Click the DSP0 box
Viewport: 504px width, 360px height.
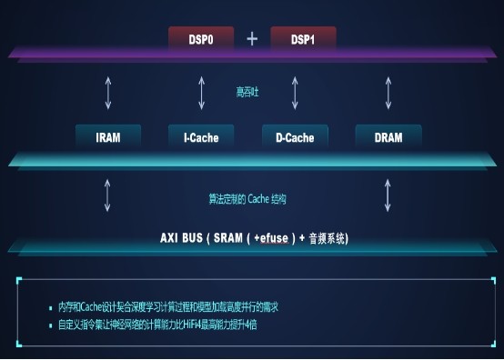pyautogui.click(x=201, y=39)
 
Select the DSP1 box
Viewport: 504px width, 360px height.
pyautogui.click(x=303, y=39)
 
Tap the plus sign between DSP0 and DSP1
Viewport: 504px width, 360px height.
pyautogui.click(x=252, y=38)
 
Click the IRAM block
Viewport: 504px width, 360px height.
pyautogui.click(x=108, y=138)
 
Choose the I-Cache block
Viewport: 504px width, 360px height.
pyautogui.click(x=201, y=138)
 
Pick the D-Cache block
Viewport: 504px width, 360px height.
pyautogui.click(x=294, y=138)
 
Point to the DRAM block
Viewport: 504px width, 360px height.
pyautogui.click(x=388, y=138)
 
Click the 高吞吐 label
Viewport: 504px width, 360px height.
pyautogui.click(x=247, y=92)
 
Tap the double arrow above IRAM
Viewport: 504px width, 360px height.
pyautogui.click(x=108, y=93)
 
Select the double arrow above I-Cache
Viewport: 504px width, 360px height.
pyautogui.click(x=202, y=93)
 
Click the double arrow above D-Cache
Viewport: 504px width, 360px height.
pyautogui.click(x=294, y=93)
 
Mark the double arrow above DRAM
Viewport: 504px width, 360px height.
pyautogui.click(x=388, y=93)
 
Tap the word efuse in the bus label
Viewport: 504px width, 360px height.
pyautogui.click(x=274, y=238)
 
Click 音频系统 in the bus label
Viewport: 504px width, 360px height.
pyautogui.click(x=328, y=238)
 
